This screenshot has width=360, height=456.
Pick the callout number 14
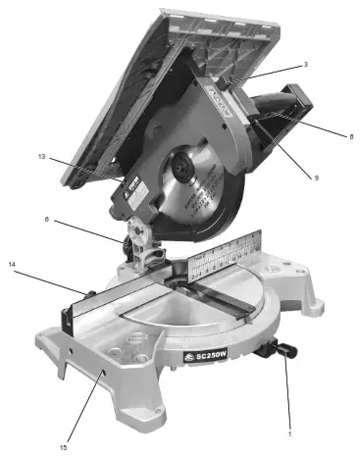13,265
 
